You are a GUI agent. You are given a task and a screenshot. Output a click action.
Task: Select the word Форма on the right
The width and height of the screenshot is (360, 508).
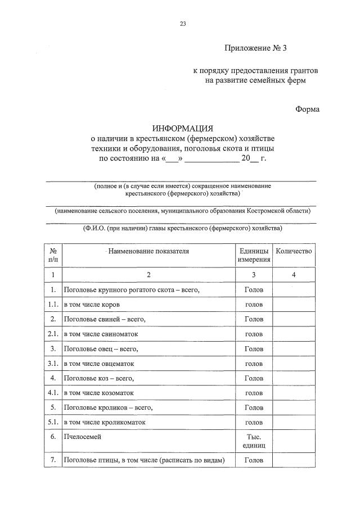[307, 109]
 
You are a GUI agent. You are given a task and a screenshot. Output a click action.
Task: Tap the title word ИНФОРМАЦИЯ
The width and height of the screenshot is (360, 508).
[180, 129]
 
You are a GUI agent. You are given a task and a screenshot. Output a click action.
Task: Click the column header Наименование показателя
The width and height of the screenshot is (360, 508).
[148, 251]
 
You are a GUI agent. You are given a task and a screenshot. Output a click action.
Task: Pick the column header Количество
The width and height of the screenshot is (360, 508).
[294, 251]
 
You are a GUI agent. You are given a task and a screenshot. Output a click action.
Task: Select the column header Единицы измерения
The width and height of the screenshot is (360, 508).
[254, 255]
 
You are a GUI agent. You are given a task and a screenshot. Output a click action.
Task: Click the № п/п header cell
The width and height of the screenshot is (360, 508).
[53, 255]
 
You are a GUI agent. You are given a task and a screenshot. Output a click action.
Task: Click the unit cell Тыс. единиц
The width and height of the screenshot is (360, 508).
[254, 440]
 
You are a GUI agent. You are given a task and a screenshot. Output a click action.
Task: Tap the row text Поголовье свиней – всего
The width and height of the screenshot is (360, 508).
[105, 319]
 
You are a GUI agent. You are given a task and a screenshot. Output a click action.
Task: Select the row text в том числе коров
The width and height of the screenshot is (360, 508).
[91, 305]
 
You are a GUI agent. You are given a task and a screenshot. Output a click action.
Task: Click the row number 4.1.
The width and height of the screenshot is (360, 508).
[53, 392]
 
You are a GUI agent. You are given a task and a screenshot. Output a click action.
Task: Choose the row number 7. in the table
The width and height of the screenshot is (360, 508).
[53, 460]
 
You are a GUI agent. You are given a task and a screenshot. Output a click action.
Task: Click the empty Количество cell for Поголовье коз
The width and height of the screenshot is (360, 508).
[294, 378]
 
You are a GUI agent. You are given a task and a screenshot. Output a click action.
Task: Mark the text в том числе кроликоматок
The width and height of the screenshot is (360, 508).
[105, 421]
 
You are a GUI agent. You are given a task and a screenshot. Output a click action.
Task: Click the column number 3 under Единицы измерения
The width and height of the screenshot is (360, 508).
[254, 275]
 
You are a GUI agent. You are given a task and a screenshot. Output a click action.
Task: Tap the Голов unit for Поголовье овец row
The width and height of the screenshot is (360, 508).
[254, 348]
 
